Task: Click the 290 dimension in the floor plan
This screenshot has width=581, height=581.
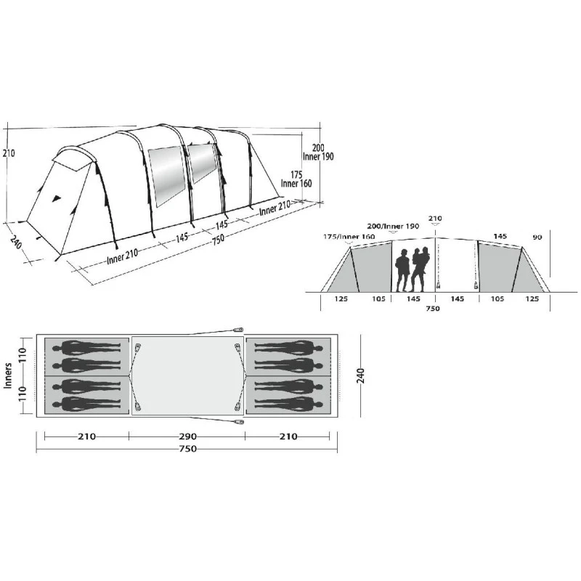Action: point(188,436)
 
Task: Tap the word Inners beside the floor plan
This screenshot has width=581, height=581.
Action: point(8,375)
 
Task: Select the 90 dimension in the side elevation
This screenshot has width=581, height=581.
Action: point(537,237)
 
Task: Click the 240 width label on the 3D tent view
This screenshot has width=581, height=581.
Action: point(16,242)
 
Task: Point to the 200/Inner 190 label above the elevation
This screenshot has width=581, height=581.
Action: point(393,226)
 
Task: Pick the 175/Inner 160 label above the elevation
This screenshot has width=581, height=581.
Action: point(349,237)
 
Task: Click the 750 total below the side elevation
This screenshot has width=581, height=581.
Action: point(433,308)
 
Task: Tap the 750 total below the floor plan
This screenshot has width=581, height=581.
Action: point(188,449)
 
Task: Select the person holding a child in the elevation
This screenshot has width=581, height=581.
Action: point(420,269)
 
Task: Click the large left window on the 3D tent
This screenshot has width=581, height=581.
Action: point(167,176)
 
